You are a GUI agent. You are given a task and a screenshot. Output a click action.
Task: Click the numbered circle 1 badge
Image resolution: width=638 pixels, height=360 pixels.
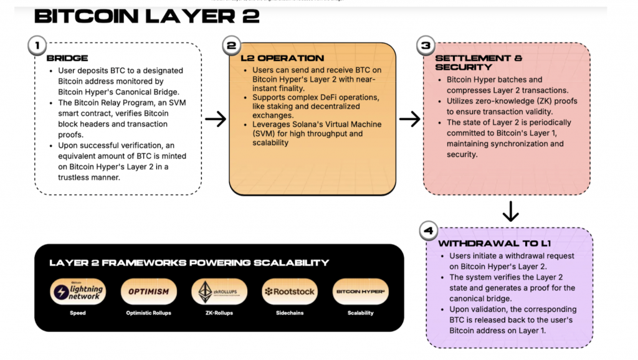(x=37, y=45)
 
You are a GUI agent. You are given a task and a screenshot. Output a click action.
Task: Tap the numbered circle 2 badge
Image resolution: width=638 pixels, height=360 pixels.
(x=232, y=45)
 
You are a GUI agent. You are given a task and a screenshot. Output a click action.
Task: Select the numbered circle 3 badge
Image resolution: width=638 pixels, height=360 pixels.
(x=426, y=45)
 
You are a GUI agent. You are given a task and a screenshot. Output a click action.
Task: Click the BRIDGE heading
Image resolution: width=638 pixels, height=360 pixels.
(x=67, y=58)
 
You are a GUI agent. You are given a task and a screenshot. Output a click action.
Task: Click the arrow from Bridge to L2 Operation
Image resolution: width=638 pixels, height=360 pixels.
(x=215, y=119)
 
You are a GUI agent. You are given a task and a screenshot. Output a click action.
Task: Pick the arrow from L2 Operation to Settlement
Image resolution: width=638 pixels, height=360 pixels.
(x=409, y=119)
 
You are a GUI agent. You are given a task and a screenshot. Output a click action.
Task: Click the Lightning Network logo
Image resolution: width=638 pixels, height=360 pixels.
(x=78, y=291)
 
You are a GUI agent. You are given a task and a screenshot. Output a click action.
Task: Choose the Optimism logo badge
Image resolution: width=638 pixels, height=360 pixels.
(x=149, y=291)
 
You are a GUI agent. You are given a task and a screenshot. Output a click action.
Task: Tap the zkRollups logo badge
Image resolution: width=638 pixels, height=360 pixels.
(x=219, y=291)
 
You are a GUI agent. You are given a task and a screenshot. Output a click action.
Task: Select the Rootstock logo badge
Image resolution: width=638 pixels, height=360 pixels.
(x=290, y=291)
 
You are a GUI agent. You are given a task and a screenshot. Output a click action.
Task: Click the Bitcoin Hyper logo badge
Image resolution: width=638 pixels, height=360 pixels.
(x=361, y=291)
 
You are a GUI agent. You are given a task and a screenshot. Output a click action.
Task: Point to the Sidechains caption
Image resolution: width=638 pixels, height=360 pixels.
(x=290, y=313)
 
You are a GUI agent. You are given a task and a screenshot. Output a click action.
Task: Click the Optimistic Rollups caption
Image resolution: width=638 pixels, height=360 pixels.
(x=149, y=313)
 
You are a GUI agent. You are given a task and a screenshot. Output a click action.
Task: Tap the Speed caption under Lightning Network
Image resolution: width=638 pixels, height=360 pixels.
(x=78, y=313)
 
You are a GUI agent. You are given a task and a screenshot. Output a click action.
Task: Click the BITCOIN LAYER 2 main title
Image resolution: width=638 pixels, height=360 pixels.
(x=146, y=16)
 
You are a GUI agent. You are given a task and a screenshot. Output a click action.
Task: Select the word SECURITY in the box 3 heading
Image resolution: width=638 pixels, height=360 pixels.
(x=464, y=67)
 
